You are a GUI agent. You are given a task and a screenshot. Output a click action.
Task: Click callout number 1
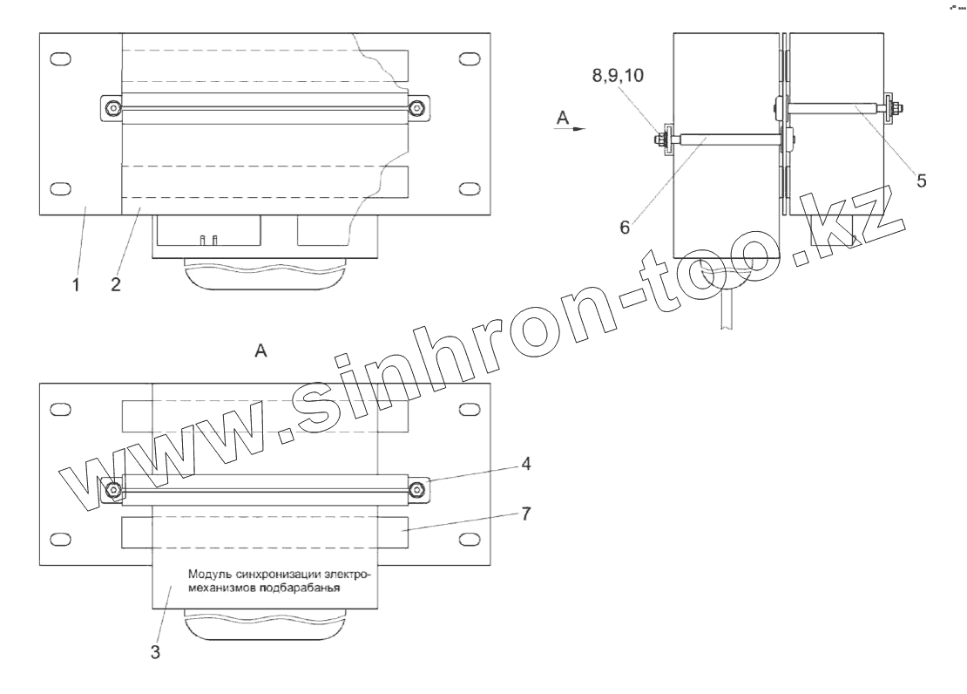coord(76,285)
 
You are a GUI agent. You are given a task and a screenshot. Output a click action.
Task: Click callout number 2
coord(116,284)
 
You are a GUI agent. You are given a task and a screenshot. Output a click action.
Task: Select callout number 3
coord(155,651)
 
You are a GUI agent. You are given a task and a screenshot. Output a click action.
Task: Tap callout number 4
coord(525,463)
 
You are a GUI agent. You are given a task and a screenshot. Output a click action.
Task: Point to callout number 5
coord(922,180)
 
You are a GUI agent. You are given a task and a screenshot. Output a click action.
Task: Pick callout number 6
coord(625,228)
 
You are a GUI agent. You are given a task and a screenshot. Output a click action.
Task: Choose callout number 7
coord(525,514)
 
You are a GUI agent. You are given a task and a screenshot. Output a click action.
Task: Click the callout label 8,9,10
coord(618,75)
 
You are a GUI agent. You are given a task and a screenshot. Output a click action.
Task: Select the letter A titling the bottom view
coord(260,350)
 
